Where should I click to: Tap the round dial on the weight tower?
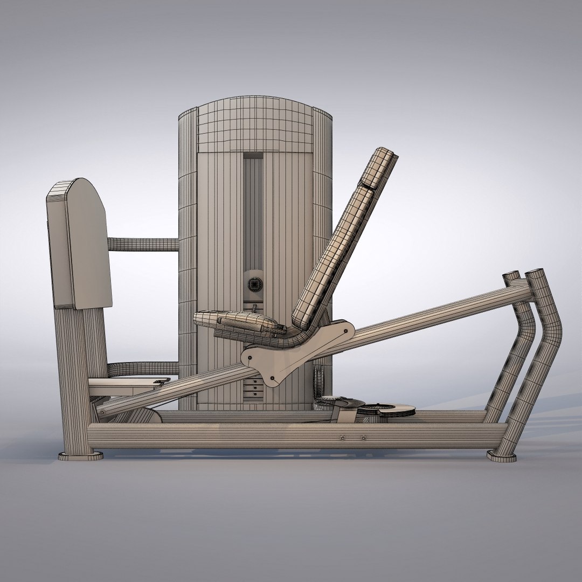253,283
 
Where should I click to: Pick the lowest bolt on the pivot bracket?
272,378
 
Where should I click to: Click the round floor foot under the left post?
81,456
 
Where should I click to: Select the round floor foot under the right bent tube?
501,456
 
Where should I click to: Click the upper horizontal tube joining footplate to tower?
143,245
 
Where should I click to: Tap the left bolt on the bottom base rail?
342,438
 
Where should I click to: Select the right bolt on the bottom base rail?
363,438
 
